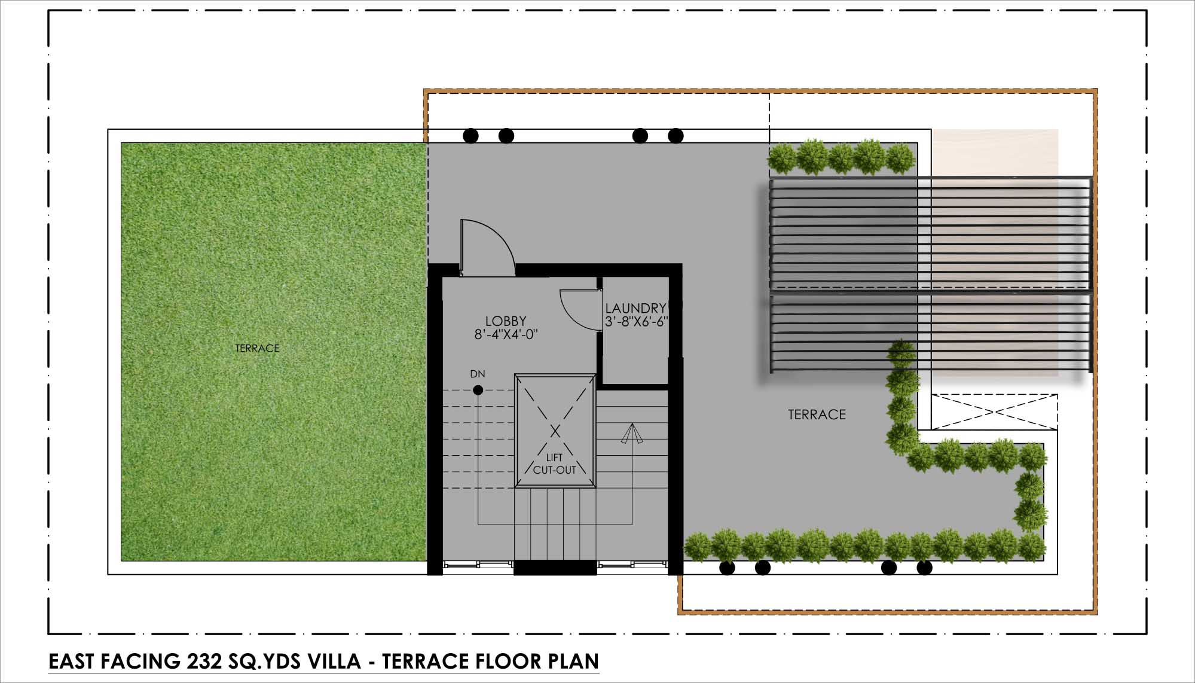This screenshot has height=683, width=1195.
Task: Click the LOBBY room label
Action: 506,321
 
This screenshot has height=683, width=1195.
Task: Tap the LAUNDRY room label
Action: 635,308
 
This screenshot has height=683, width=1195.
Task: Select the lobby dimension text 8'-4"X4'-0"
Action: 506,335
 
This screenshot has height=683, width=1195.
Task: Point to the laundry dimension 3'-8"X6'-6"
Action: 636,322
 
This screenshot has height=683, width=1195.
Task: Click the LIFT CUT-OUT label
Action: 555,464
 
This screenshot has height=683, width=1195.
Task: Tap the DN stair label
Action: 478,374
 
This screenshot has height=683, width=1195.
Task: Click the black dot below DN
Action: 478,391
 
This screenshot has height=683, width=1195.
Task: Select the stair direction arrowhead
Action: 632,434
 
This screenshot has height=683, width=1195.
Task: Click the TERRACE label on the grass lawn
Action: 257,348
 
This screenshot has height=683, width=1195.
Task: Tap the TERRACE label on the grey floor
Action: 817,414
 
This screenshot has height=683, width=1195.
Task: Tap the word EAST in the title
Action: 72,661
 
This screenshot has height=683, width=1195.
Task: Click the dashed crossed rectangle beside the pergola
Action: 994,411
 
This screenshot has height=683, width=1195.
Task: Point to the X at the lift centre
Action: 555,431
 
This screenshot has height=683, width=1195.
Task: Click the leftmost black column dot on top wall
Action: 471,136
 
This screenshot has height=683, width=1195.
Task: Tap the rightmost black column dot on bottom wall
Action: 924,568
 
